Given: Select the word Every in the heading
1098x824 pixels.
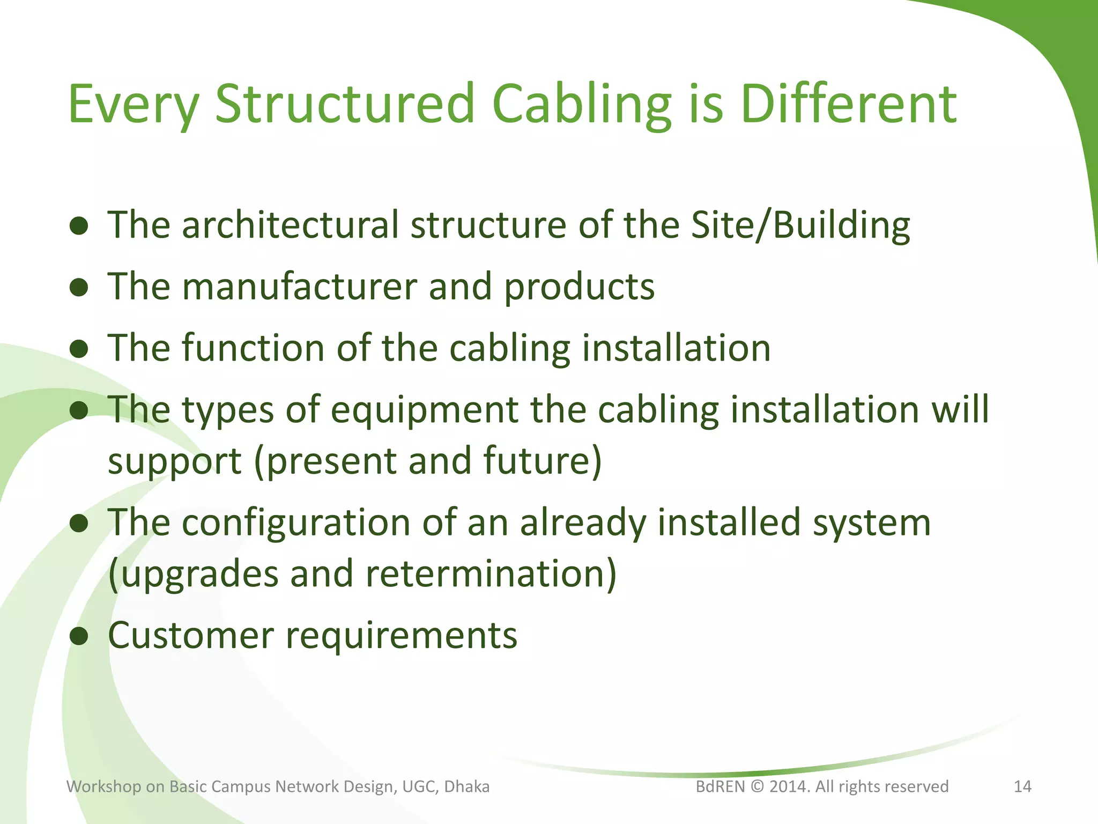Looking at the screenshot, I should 134,105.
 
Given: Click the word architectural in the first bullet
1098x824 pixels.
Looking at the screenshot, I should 290,225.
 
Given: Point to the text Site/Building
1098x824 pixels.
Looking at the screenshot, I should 800,226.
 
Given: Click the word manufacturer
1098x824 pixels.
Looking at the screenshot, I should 299,286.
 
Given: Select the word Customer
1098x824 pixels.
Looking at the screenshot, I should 191,636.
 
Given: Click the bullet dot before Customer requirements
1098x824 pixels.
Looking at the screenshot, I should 79,636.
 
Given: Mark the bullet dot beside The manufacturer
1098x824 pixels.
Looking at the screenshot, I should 79,288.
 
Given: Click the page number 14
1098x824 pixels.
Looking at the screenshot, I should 1022,786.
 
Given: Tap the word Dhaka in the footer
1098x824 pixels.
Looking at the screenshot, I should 466,786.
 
